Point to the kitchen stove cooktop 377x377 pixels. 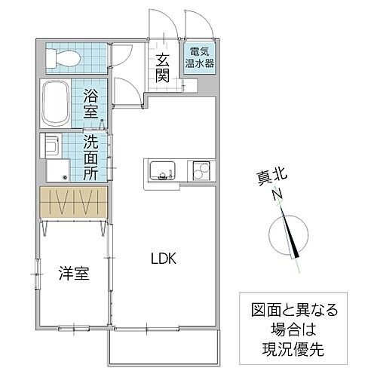point(199,170)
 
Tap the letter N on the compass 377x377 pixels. point(277,195)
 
